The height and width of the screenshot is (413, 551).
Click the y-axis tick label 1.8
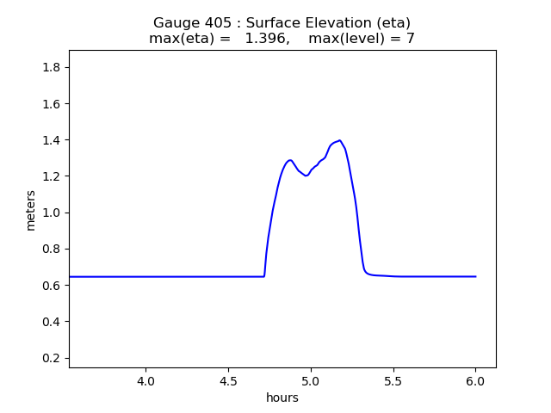pyautogui.click(x=52, y=68)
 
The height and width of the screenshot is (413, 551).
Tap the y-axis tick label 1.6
pyautogui.click(x=52, y=104)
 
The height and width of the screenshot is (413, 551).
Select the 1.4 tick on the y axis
pyautogui.click(x=52, y=140)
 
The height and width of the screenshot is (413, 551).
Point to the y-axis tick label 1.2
pyautogui.click(x=52, y=176)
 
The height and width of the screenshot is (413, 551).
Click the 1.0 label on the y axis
pyautogui.click(x=52, y=213)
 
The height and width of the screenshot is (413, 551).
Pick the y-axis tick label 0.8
pyautogui.click(x=52, y=250)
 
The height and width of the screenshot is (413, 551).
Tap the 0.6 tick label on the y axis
pyautogui.click(x=52, y=286)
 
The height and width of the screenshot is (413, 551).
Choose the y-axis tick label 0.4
pyautogui.click(x=52, y=322)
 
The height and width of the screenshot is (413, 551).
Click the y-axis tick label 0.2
pyautogui.click(x=52, y=358)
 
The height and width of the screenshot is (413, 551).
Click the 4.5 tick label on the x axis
pyautogui.click(x=228, y=381)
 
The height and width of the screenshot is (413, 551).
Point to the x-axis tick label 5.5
pyautogui.click(x=393, y=381)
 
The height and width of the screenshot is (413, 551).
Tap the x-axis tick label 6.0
pyautogui.click(x=475, y=381)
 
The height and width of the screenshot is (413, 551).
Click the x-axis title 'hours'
pyautogui.click(x=282, y=398)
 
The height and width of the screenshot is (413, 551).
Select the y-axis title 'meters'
pyautogui.click(x=31, y=210)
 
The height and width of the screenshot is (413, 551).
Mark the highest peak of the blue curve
pyautogui.click(x=340, y=140)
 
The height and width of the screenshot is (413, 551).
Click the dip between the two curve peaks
pyautogui.click(x=306, y=176)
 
